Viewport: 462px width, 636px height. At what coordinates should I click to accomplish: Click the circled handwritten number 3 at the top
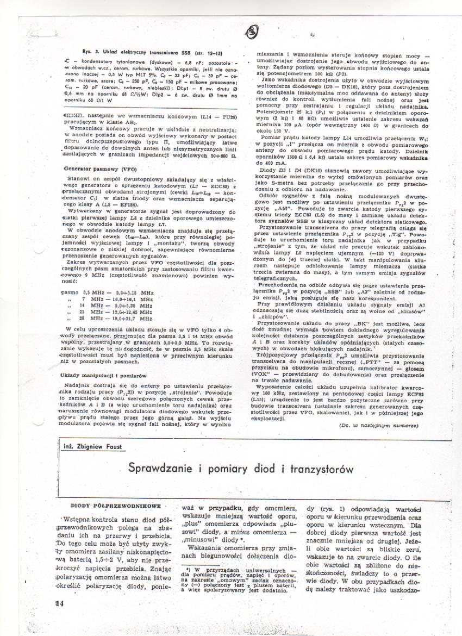(253, 32)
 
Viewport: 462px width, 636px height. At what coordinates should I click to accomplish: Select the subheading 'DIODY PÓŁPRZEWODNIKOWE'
(115, 506)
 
